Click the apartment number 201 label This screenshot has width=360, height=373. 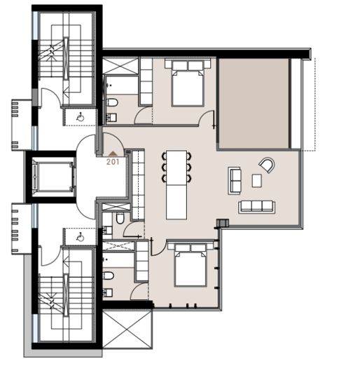click(113, 162)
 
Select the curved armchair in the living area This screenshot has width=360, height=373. click(267, 165)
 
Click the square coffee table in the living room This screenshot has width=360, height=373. click(257, 181)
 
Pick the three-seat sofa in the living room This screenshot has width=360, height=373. click(256, 206)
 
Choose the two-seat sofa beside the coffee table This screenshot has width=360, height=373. click(235, 181)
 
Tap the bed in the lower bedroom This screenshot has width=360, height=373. click(191, 264)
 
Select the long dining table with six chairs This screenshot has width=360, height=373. click(176, 184)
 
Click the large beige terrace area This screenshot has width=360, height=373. click(254, 104)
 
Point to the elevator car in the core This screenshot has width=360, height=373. click(53, 177)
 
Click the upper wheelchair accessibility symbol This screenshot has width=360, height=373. click(81, 117)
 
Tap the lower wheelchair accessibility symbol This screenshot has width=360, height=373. click(81, 237)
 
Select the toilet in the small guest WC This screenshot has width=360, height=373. click(120, 218)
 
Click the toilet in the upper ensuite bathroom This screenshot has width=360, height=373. click(111, 103)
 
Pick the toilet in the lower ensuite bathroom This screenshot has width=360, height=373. click(108, 276)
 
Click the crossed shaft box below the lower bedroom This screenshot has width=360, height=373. click(127, 330)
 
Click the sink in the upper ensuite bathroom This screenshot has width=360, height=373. click(111, 117)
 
